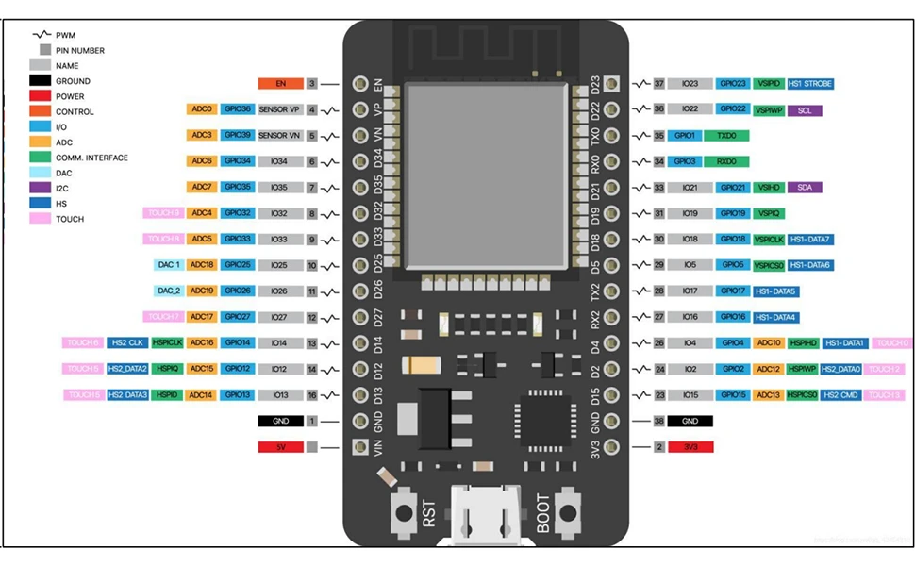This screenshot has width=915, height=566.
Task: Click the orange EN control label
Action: pyautogui.click(x=280, y=84)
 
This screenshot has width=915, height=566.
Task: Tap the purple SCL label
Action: pyautogui.click(x=804, y=110)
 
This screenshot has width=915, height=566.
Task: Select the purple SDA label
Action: pyautogui.click(x=804, y=188)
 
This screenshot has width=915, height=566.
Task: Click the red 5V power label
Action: pyautogui.click(x=280, y=447)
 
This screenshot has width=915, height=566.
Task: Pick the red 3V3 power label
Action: pyautogui.click(x=690, y=447)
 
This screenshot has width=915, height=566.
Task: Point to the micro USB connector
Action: pyautogui.click(x=488, y=514)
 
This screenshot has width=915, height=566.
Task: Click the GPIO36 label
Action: pyautogui.click(x=238, y=109)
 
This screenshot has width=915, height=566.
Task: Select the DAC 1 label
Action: pyautogui.click(x=169, y=265)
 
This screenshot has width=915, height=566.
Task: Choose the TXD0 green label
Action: pyautogui.click(x=726, y=136)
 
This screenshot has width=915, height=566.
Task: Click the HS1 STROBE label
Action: pyautogui.click(x=810, y=84)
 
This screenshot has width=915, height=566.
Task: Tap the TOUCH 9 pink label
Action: pyautogui.click(x=163, y=213)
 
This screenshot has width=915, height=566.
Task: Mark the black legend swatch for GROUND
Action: pyautogui.click(x=42, y=81)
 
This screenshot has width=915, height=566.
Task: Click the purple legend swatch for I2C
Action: pyautogui.click(x=42, y=188)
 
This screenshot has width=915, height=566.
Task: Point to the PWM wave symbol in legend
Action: pyautogui.click(x=42, y=35)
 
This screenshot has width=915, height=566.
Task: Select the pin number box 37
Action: pyautogui.click(x=659, y=84)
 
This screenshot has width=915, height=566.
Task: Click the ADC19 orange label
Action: pyautogui.click(x=202, y=291)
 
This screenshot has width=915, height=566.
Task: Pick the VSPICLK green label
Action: pyautogui.click(x=770, y=240)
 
